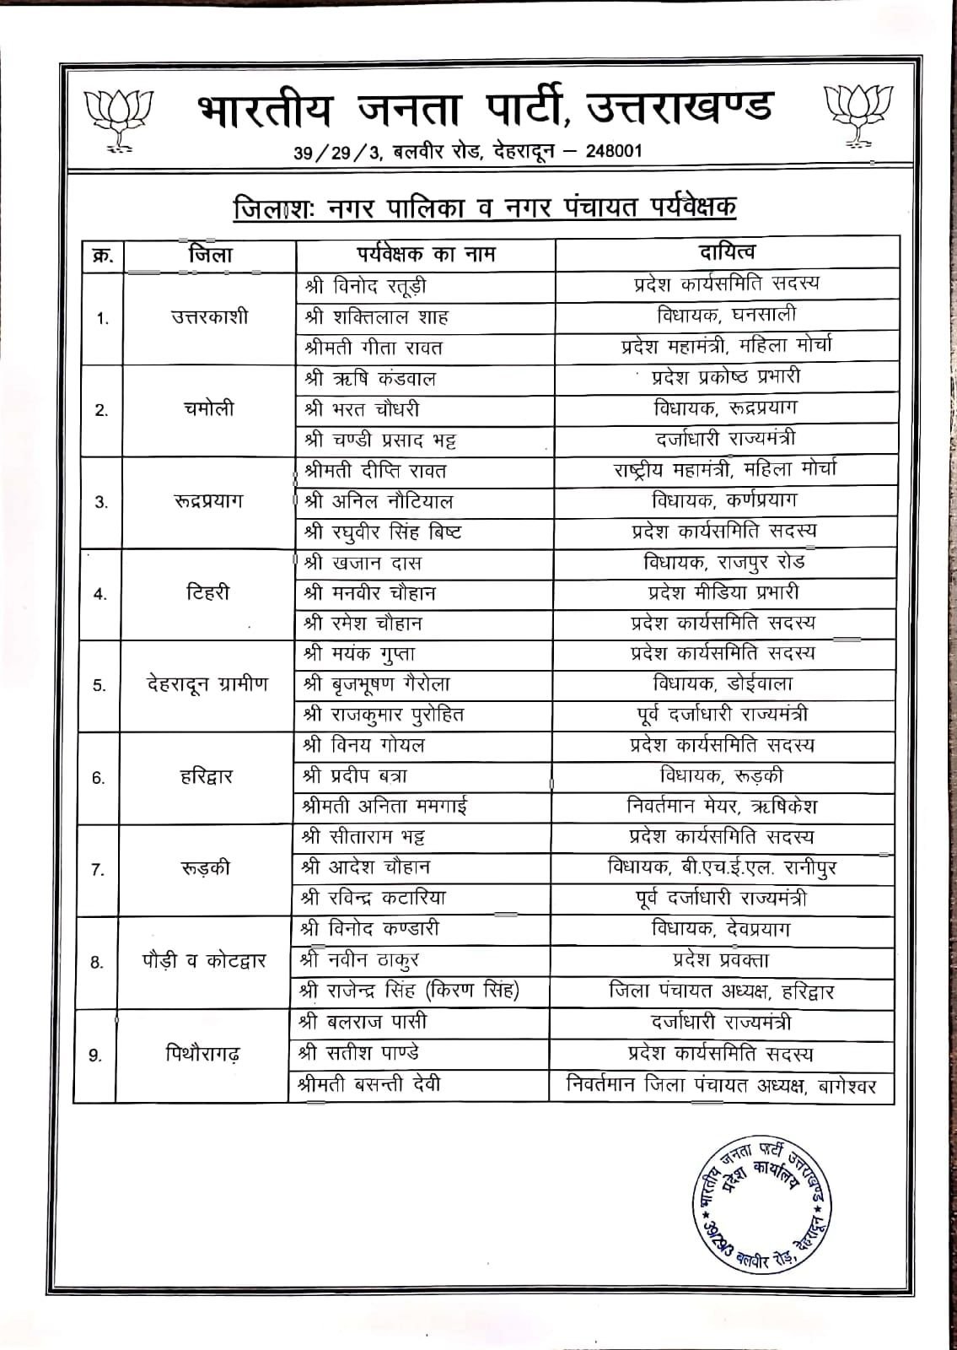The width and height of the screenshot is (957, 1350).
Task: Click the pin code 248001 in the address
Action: (610, 151)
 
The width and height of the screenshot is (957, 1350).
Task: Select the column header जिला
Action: (210, 255)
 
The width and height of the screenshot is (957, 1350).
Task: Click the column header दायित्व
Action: (727, 252)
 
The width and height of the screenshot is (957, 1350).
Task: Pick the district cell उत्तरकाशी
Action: (209, 318)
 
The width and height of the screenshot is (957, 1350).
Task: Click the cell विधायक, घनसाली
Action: (726, 316)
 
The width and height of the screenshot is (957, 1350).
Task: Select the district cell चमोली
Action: (209, 409)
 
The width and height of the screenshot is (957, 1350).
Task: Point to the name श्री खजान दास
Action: (363, 563)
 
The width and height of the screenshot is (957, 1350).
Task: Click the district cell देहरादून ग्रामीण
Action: (207, 684)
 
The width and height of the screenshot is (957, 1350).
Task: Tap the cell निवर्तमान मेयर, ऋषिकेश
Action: (723, 806)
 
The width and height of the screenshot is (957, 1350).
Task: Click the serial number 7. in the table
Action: (98, 870)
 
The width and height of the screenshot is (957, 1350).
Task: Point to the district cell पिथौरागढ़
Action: (203, 1054)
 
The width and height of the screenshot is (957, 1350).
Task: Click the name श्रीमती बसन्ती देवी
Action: (371, 1084)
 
